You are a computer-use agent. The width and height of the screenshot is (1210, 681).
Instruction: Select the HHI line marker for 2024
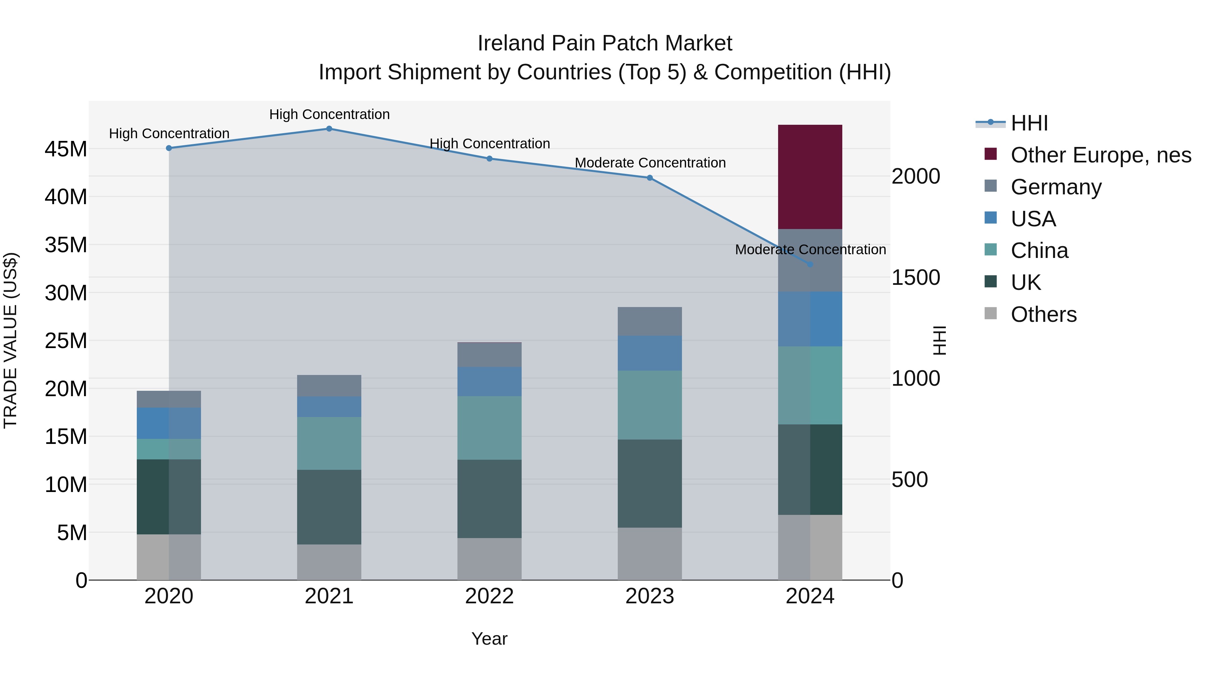pos(810,265)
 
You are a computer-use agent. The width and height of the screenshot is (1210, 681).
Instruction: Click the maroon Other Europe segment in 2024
pos(810,177)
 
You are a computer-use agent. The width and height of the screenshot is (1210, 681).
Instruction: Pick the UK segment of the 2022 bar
pos(489,499)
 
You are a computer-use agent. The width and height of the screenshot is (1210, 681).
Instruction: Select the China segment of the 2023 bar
pos(650,405)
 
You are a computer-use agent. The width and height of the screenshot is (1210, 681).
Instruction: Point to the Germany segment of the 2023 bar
pos(650,321)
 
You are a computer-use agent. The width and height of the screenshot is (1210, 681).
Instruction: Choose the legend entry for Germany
pos(1055,187)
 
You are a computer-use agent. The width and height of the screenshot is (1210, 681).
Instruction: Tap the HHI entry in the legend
pos(1029,123)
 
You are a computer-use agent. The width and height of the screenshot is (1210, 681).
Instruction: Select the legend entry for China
pos(1039,251)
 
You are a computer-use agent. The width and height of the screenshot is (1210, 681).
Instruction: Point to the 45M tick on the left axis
pos(66,149)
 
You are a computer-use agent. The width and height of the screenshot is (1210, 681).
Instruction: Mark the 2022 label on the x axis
pos(489,596)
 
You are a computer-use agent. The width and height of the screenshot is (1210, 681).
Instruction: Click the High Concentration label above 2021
pos(329,114)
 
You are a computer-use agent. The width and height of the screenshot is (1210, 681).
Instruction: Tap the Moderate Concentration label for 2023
pos(650,163)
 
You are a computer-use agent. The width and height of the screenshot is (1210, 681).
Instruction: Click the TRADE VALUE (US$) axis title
pos(10,340)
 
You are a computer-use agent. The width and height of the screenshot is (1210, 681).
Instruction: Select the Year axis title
pos(489,639)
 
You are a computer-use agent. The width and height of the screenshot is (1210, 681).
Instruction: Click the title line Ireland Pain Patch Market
pos(605,43)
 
